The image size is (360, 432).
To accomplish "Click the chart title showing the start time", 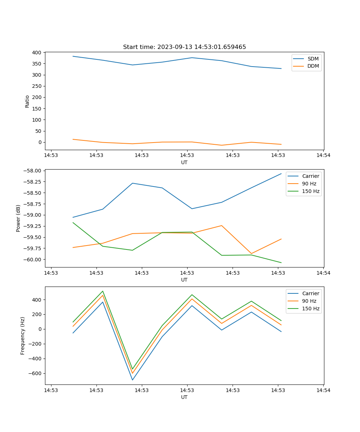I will (184, 47).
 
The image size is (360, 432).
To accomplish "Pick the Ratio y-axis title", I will (27, 101).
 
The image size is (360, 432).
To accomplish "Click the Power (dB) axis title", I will (18, 218).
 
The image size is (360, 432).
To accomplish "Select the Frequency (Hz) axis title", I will (23, 336).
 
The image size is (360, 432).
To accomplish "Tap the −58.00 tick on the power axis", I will (33, 171).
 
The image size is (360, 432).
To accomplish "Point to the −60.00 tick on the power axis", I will (33, 260).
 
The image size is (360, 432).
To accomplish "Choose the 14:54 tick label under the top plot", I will (323, 155).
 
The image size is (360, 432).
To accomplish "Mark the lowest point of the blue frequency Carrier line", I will (132, 380).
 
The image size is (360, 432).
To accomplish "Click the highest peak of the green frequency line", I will (103, 291).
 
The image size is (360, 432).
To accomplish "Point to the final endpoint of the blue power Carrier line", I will (281, 174).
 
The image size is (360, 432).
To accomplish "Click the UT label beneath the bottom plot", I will (184, 397).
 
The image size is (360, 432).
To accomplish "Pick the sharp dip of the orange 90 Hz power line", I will (251, 253).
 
